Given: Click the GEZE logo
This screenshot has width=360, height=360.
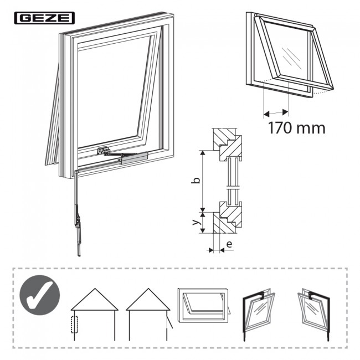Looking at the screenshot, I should pos(43,18).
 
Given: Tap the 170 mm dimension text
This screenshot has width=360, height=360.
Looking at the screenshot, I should pos(296,128).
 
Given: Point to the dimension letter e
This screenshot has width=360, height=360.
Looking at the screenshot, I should pos(229,243).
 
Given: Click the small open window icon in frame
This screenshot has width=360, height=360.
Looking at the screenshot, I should pos(203,305).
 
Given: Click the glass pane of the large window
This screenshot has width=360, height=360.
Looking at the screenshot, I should pos(114,89).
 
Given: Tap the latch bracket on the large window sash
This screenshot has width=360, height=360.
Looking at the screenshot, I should pos(102,150).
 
